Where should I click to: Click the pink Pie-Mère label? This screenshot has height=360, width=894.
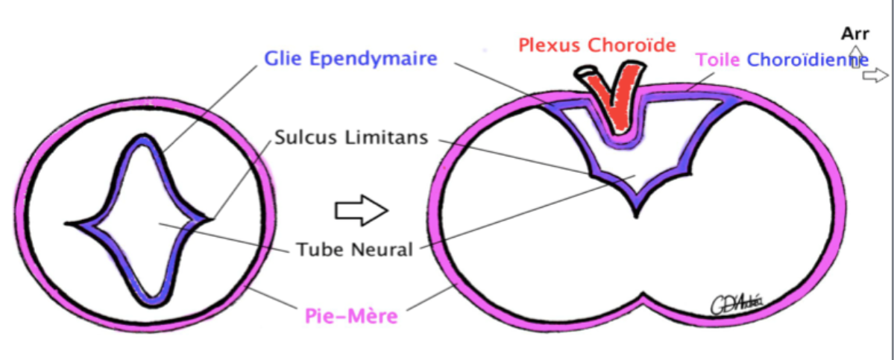[x=350, y=316]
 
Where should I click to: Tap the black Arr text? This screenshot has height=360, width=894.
[x=854, y=34]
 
